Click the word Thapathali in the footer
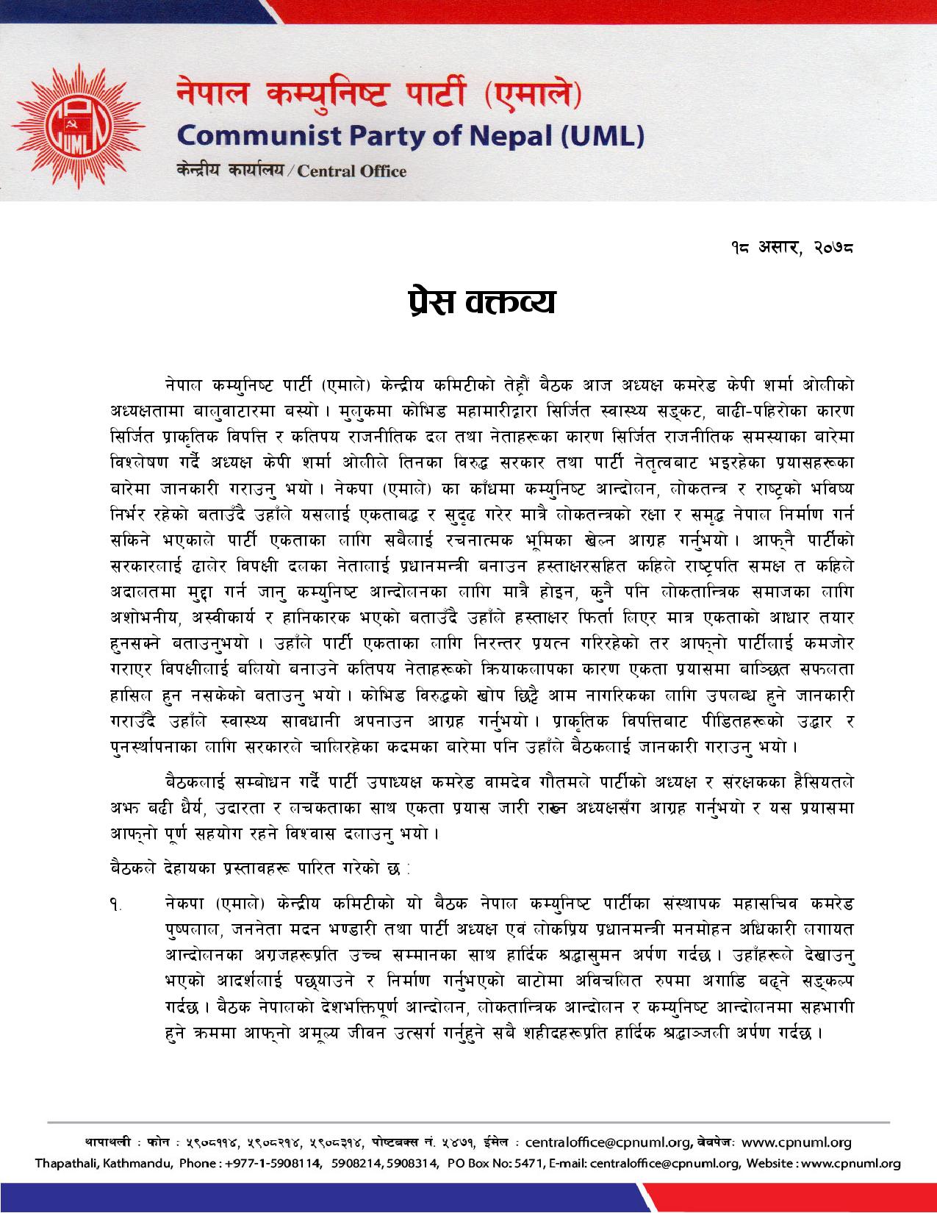point(68,1164)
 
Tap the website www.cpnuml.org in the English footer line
point(854,1164)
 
